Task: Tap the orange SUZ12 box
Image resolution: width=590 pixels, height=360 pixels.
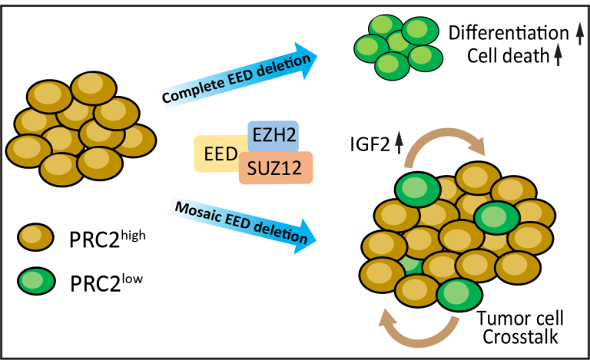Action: pos(276,167)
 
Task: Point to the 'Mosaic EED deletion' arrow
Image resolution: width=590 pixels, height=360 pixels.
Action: pos(243,223)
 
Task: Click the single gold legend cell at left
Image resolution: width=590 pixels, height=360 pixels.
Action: pos(35,236)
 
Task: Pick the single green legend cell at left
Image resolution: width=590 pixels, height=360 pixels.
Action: pos(36,281)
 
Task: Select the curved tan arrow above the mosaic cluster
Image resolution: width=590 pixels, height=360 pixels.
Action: pos(446,144)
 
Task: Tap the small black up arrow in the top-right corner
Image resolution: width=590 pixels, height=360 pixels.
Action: pos(580,33)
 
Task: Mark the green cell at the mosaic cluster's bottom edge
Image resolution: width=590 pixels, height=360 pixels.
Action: pos(459,294)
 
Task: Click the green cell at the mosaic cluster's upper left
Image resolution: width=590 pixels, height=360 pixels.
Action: pos(418,190)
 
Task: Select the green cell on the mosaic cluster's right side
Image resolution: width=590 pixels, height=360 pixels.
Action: pos(497,218)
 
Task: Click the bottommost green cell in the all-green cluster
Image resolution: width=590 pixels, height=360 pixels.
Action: pos(392,65)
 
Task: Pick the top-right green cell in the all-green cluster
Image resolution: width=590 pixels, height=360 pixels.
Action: pos(419,31)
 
